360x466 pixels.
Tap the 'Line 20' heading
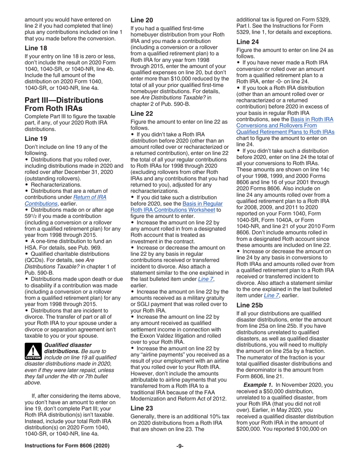[141, 21]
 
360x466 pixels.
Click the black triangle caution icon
[33, 351]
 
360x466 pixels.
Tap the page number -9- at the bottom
[180, 446]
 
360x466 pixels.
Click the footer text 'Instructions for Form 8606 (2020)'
[67, 446]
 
